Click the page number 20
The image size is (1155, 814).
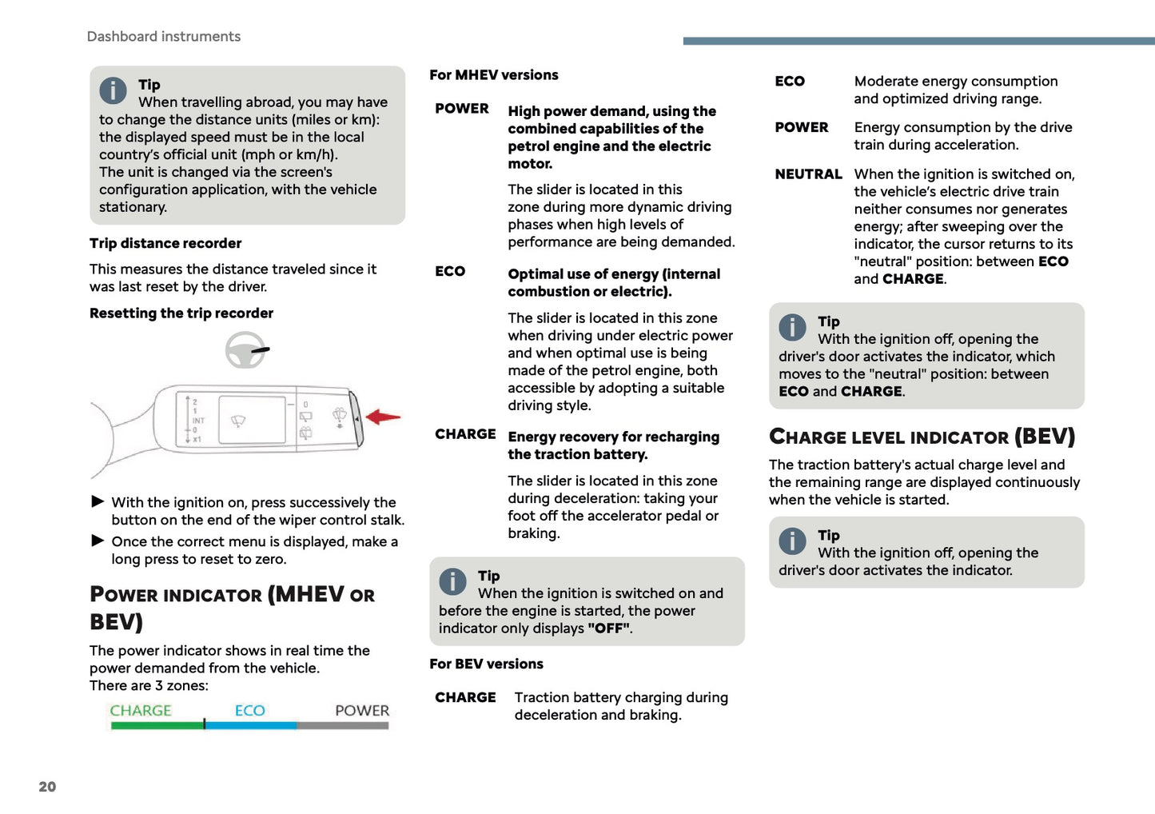[47, 787]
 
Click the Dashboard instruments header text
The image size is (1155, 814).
[163, 37]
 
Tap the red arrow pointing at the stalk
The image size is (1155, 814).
[384, 417]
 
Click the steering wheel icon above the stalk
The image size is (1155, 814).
[245, 350]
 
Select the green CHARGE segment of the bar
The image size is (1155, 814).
[157, 725]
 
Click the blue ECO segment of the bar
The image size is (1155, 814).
[250, 725]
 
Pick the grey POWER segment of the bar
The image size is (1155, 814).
[342, 725]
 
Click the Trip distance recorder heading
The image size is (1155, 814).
[165, 243]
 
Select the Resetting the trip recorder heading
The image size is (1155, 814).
[181, 313]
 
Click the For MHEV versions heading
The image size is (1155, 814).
[493, 75]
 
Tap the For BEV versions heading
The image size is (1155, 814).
[486, 664]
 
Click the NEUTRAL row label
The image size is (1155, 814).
[808, 174]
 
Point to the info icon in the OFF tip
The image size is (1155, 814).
[452, 581]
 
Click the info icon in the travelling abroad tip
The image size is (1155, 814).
[113, 90]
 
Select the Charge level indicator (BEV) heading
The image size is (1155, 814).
[922, 437]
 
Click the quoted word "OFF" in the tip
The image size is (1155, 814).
[608, 628]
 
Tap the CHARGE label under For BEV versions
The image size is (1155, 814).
[465, 698]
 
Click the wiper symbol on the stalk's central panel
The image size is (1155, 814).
[238, 421]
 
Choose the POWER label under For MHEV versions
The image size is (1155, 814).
[461, 109]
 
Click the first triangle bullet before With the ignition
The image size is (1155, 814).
[98, 502]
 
